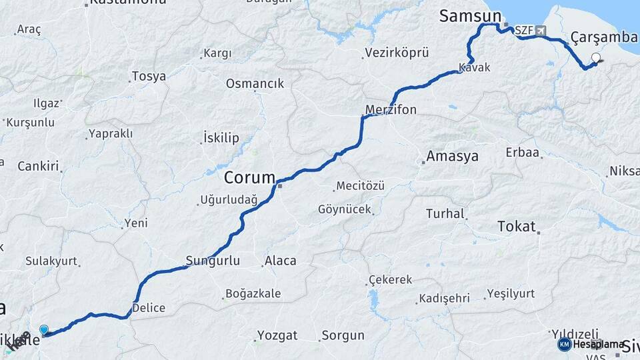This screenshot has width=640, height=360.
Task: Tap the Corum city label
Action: pos(249,178)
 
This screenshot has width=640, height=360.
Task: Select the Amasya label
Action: pos(453,157)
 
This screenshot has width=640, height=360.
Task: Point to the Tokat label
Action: pos(517,227)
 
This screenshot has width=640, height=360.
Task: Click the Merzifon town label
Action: pos(391,109)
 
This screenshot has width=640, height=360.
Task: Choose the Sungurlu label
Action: pos(213,261)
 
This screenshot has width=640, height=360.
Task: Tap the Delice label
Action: pos(149,308)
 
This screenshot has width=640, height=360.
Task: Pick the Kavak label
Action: pos(475,68)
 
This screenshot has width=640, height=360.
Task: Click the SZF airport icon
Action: pos(539,31)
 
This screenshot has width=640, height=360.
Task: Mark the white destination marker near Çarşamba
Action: pos(595,57)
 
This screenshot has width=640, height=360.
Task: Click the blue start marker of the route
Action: pos(44,329)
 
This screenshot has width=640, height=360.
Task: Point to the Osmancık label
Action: pos(255,84)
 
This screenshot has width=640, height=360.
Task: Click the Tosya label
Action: pos(149,76)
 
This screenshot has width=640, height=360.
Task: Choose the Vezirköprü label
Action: pos(397,53)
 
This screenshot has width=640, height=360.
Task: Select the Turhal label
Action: pos(445,214)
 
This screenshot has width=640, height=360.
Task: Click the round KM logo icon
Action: pos(564,344)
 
